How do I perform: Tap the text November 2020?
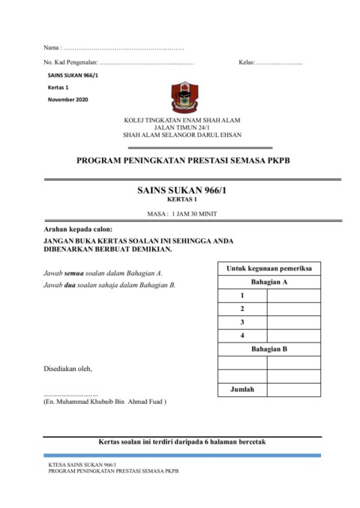pyautogui.click(x=67, y=100)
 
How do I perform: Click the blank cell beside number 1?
pyautogui.click(x=293, y=296)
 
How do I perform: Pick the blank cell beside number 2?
pyautogui.click(x=293, y=309)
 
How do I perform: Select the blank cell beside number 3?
pyautogui.click(x=293, y=322)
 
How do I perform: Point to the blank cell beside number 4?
pyautogui.click(x=293, y=335)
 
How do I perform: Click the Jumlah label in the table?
pyautogui.click(x=242, y=390)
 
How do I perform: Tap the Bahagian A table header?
pyautogui.click(x=269, y=282)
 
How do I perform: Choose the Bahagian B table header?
pyautogui.click(x=269, y=349)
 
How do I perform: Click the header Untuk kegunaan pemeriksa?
pyautogui.click(x=269, y=268)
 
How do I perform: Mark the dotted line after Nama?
pyautogui.click(x=124, y=47)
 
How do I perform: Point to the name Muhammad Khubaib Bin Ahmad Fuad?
pyautogui.click(x=106, y=402)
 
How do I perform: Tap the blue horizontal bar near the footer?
pyautogui.click(x=182, y=455)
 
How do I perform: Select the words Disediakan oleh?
pyautogui.click(x=68, y=369)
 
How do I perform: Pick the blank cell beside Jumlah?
pyautogui.click(x=293, y=390)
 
